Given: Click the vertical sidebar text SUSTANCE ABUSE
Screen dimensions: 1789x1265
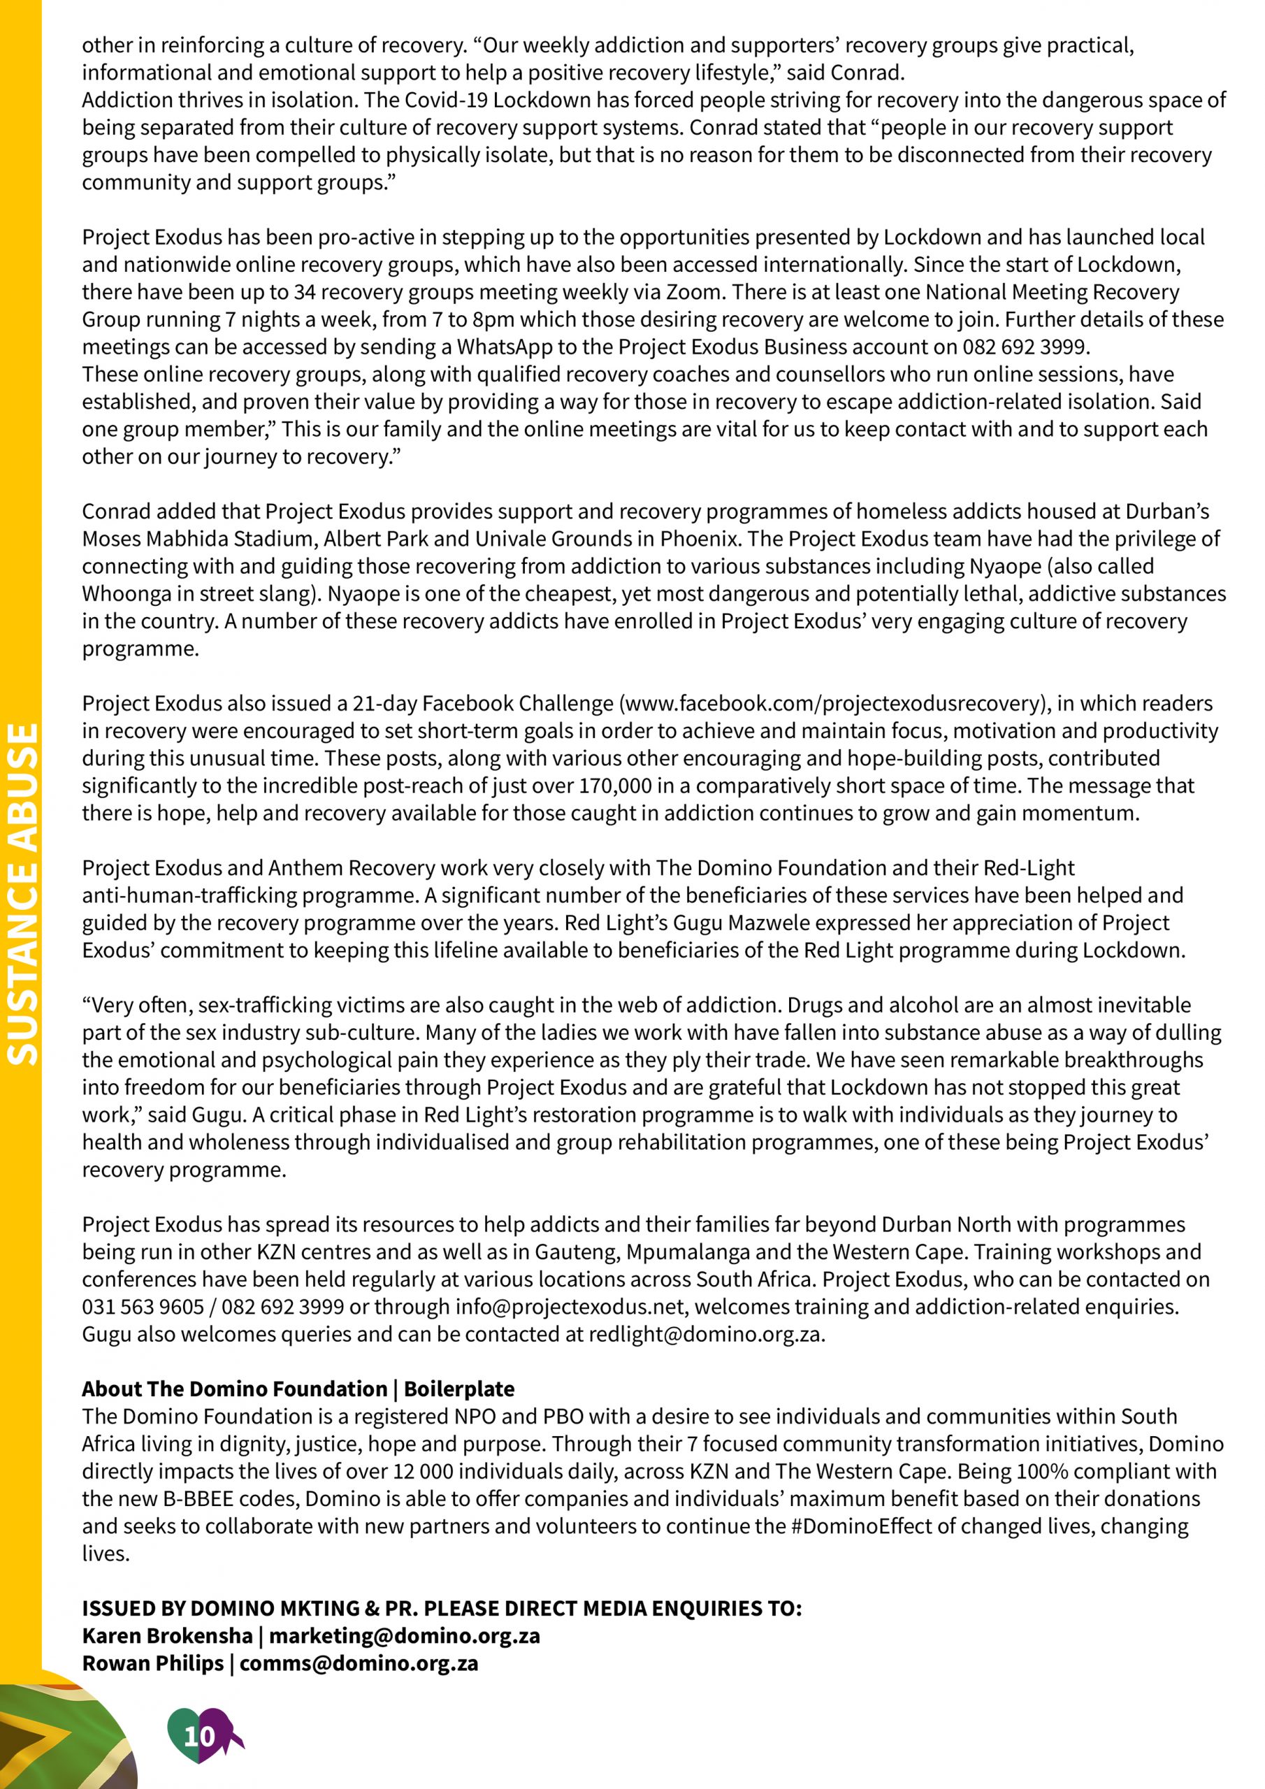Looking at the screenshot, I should pyautogui.click(x=22, y=894).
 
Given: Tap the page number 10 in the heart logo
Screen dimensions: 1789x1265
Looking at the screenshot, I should pyautogui.click(x=198, y=1735).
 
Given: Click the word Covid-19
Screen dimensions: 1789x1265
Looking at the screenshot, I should pyautogui.click(x=439, y=101).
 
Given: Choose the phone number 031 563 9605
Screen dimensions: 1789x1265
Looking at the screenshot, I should pyautogui.click(x=143, y=1307).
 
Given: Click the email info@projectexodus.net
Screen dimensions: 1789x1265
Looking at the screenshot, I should pyautogui.click(x=570, y=1307).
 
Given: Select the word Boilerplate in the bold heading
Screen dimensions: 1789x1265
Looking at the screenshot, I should pyautogui.click(x=459, y=1389).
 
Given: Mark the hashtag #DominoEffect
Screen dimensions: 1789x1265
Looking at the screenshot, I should pyautogui.click(x=861, y=1526).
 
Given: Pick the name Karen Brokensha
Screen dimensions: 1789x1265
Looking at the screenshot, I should pyautogui.click(x=167, y=1635).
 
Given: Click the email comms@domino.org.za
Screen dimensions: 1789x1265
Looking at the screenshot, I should pyautogui.click(x=359, y=1663).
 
